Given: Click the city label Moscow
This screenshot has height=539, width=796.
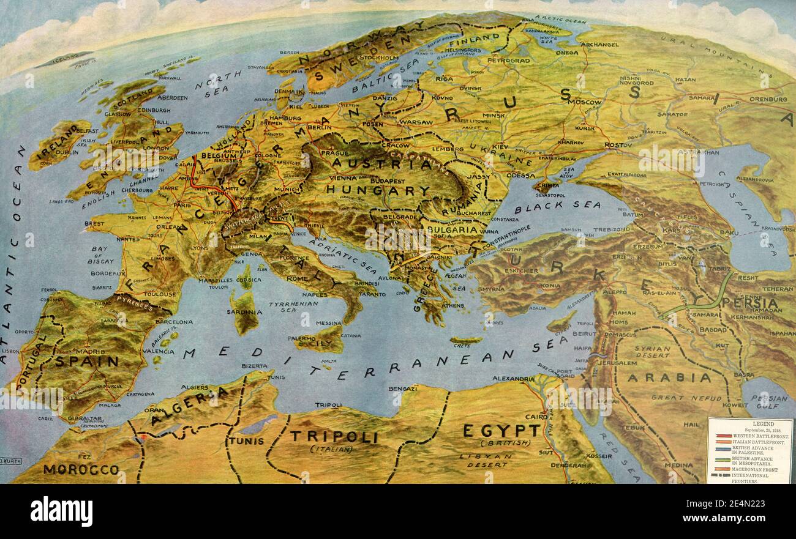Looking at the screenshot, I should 585,102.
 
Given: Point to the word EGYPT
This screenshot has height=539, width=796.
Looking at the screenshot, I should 501,430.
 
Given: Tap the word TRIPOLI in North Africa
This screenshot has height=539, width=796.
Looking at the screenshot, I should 333,436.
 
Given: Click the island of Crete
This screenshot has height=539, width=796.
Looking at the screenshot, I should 465,340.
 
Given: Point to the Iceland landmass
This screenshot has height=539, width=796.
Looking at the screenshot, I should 64,59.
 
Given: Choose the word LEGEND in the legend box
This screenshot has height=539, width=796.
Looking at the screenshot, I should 749,423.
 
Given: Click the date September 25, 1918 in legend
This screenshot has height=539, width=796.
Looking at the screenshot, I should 749,429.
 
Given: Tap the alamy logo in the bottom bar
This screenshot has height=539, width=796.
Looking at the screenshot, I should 61,511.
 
